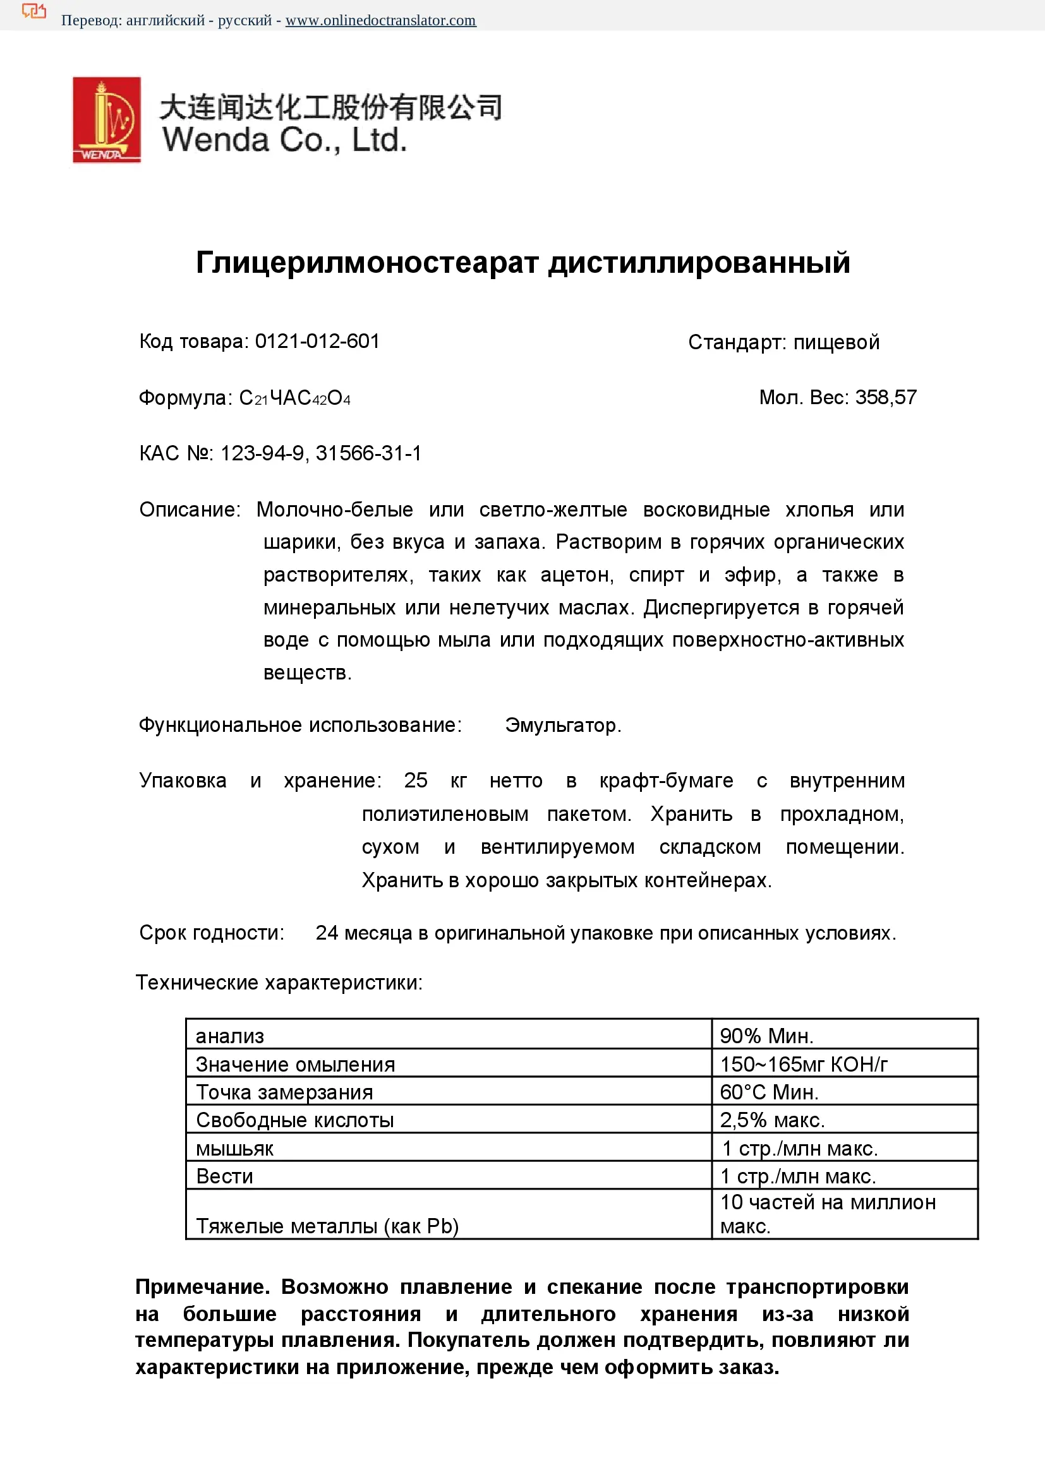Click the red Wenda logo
106,119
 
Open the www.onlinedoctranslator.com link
380,21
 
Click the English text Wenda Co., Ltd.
284,140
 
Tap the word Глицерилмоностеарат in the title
367,263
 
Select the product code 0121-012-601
317,341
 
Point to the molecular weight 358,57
885,398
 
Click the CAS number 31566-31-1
368,453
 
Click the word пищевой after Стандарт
836,342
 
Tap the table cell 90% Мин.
766,1036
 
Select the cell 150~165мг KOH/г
804,1064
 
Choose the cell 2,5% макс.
772,1120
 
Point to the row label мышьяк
235,1148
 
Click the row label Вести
224,1176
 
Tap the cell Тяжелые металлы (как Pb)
327,1226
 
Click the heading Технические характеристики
279,983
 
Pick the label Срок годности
212,933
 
